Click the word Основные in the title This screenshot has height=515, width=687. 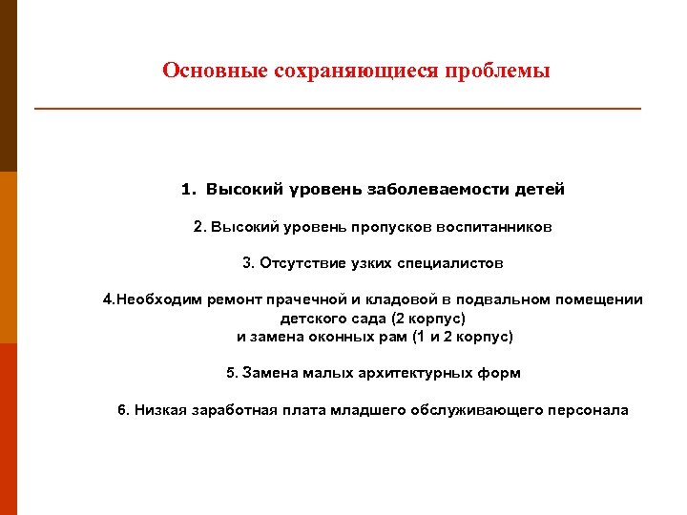coord(202,72)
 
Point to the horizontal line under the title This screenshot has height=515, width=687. coord(338,109)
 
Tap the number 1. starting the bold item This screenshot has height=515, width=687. coord(188,189)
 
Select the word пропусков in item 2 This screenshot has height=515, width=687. coord(398,228)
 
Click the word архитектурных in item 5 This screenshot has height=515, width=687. coord(428,373)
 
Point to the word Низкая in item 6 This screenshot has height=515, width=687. coord(157,410)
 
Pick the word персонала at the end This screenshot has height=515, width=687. coord(588,410)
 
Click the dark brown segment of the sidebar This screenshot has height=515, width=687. coord(9,86)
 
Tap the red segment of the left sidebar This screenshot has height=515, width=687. coord(9,429)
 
